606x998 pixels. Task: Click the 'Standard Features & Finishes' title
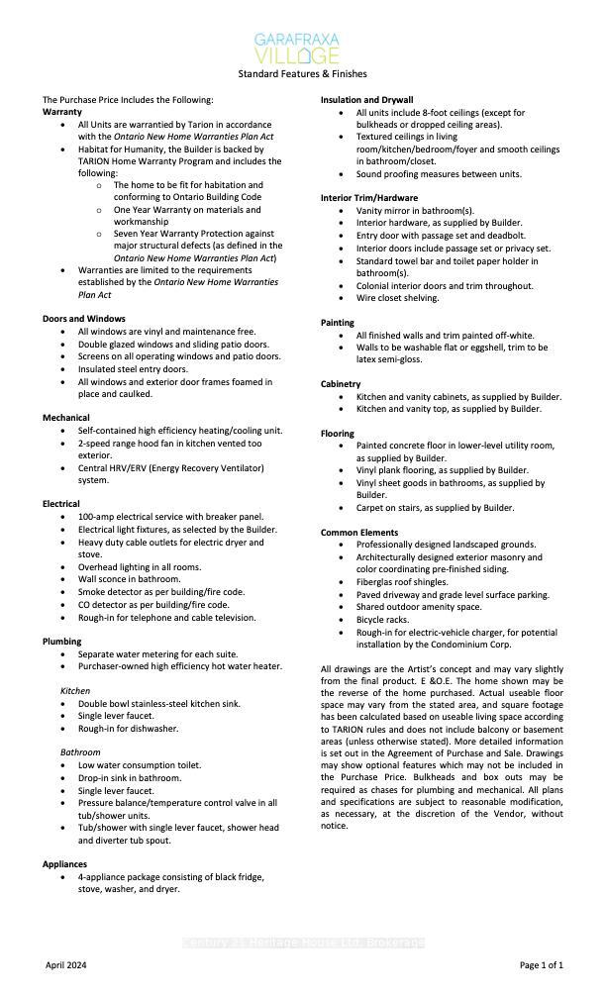tap(302, 73)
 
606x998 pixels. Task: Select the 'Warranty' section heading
tap(61, 112)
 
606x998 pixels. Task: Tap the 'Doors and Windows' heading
tap(84, 319)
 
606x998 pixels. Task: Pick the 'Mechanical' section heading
tap(66, 418)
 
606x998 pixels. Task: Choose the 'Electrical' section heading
tap(61, 504)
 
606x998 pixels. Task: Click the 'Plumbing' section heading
tap(62, 642)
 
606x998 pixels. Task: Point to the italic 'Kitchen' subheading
tap(75, 691)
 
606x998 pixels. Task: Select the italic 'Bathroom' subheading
tap(81, 752)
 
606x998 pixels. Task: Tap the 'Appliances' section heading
tap(65, 864)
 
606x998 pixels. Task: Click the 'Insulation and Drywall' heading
tap(366, 100)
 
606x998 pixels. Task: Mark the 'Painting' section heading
tap(338, 323)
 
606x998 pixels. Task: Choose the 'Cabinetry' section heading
tap(341, 384)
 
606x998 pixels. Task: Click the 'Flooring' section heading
tap(338, 434)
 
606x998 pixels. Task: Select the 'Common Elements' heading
tap(359, 533)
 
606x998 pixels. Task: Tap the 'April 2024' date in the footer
tap(68, 964)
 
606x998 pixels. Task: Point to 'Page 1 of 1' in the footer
tap(542, 964)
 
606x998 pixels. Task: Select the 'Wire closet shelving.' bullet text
tap(397, 298)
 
